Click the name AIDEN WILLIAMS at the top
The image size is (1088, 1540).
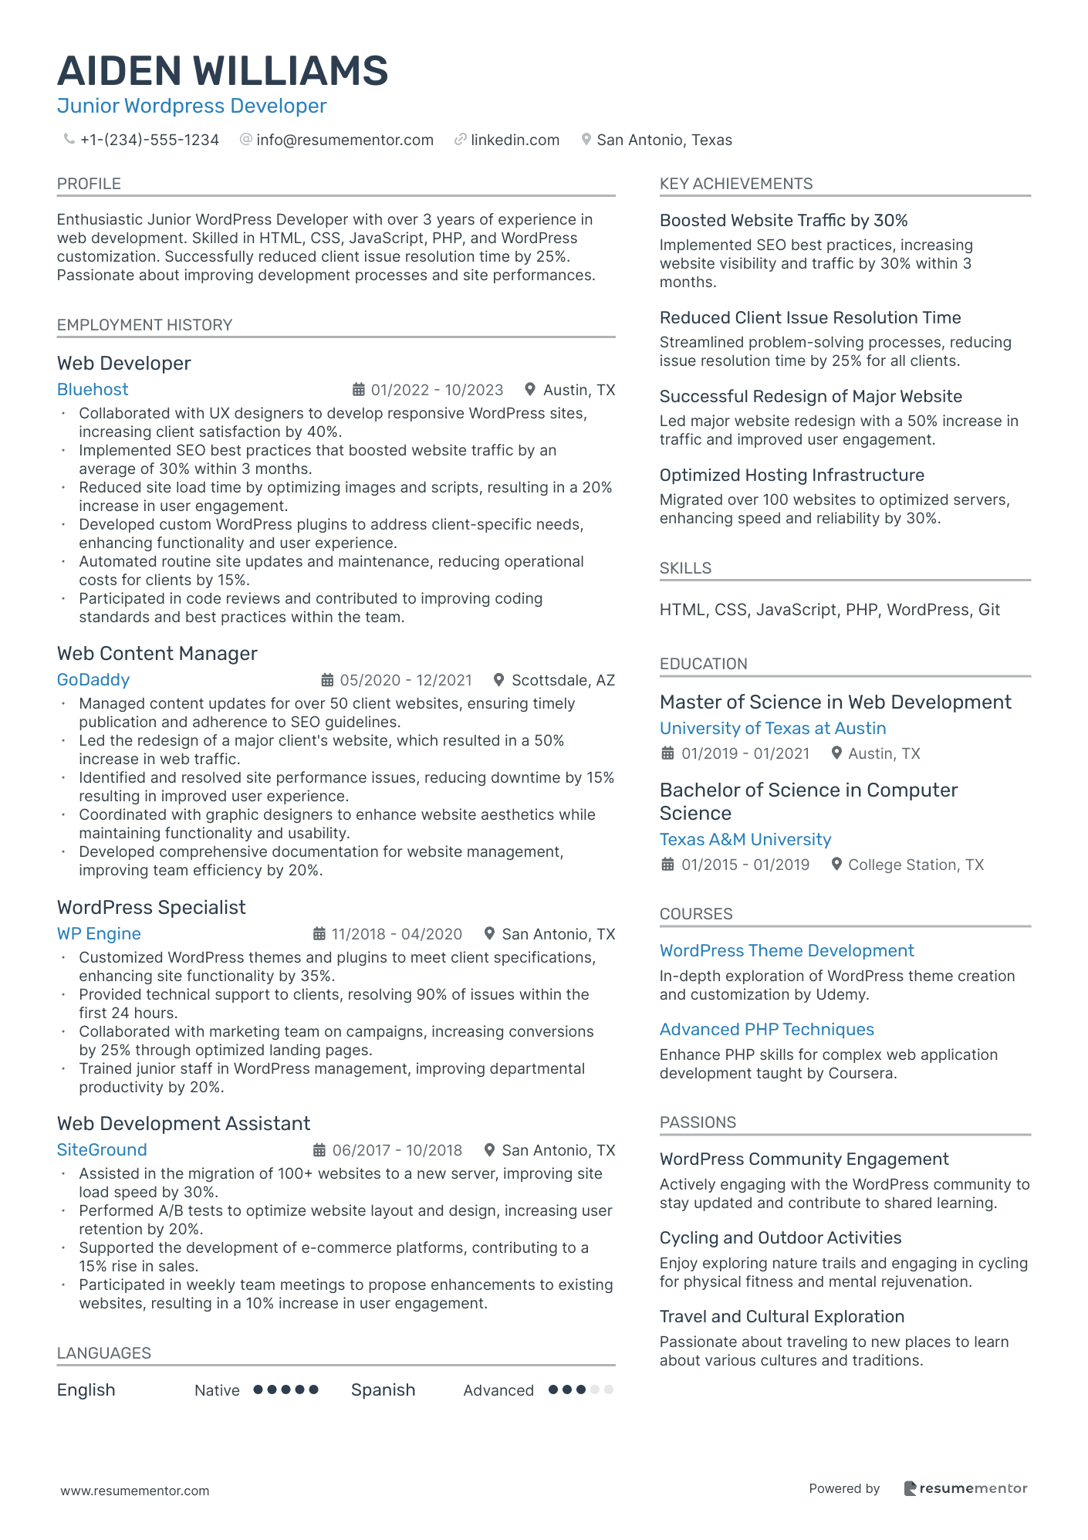pos(222,71)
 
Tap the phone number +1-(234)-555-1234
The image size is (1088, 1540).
pos(149,140)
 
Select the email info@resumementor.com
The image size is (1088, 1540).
pos(344,140)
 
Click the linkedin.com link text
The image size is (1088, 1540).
pos(515,140)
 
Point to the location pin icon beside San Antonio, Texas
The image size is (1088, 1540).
pos(586,140)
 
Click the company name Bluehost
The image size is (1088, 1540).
pos(93,390)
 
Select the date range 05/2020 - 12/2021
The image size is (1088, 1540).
pos(406,680)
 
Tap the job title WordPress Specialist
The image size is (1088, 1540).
pos(151,908)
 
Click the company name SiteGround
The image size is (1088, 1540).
pos(102,1150)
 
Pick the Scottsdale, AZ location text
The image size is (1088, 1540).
pos(563,680)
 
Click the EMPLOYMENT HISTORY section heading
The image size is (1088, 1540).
pos(144,325)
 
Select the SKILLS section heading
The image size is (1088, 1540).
pos(685,568)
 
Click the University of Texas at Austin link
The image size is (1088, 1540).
pos(772,729)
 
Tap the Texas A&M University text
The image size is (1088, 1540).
pos(745,840)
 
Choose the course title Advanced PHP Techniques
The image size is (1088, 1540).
pos(766,1030)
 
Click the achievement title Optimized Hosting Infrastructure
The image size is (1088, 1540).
pos(792,476)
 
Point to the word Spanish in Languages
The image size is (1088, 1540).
pos(383,1390)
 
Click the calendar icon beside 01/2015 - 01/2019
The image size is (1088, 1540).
pos(667,865)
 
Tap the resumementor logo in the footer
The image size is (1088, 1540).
pos(965,1488)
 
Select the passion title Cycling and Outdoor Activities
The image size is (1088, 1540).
pos(780,1238)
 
